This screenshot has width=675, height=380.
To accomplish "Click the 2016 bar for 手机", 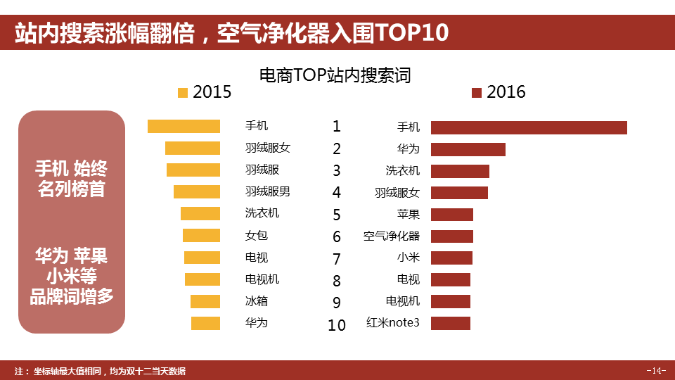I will point(529,127).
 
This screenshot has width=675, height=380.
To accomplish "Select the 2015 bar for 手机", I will point(184,126).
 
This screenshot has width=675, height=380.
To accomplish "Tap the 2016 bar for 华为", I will point(468,149).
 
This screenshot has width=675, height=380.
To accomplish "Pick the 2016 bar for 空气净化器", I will point(451,236).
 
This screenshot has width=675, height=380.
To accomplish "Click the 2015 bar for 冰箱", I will point(205,301).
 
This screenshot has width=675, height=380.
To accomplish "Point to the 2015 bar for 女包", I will point(201,236).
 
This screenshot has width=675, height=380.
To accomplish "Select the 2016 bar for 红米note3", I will point(450,324).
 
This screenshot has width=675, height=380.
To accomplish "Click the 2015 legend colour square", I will point(184,92).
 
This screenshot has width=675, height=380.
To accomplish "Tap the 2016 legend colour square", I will point(477,93).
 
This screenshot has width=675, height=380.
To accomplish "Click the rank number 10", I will point(337,325).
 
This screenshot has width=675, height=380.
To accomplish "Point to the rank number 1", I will point(337,127).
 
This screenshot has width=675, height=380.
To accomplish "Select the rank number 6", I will point(337,236).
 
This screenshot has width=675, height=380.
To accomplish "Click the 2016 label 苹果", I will point(408,215).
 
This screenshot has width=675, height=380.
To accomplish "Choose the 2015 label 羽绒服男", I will point(267,191).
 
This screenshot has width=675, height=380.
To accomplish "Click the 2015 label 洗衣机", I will point(262,213).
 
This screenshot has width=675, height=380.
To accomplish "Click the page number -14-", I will point(655,371).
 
